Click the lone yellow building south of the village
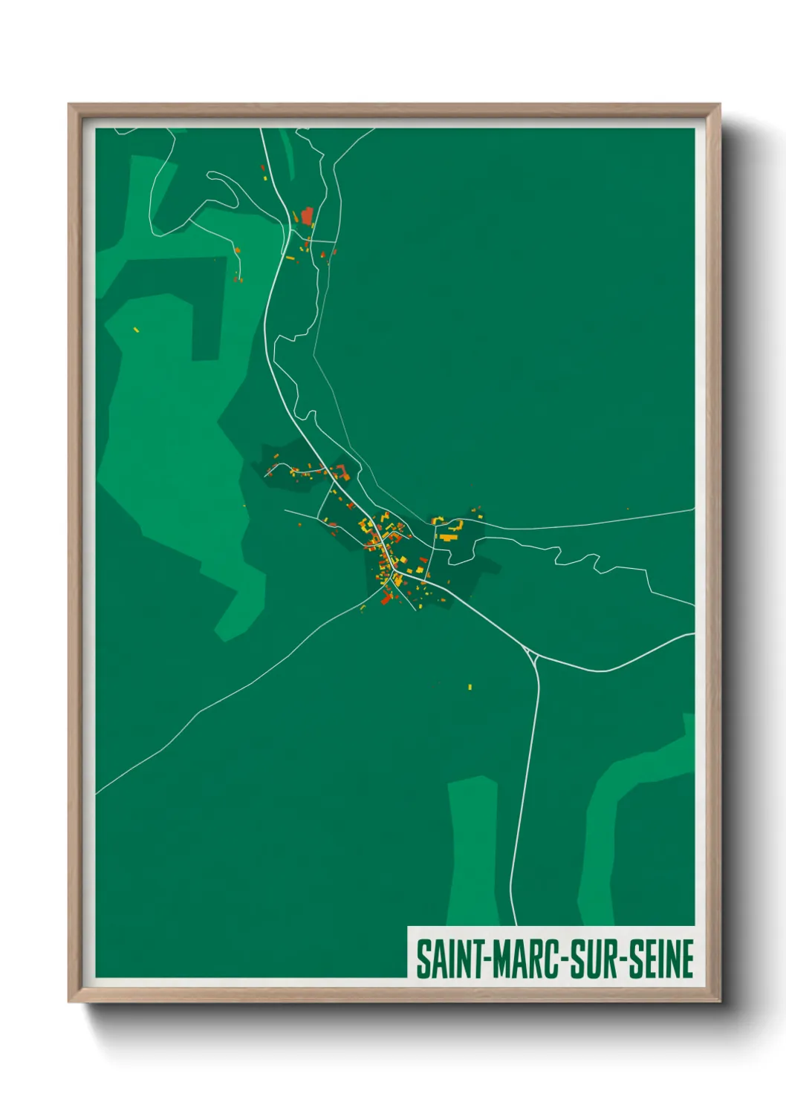point(470,687)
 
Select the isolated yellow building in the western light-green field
point(135,330)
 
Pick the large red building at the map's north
point(307,216)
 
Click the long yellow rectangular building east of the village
point(448,536)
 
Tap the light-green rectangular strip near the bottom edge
point(472,847)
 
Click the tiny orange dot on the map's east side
point(628,509)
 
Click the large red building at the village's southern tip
point(386,598)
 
